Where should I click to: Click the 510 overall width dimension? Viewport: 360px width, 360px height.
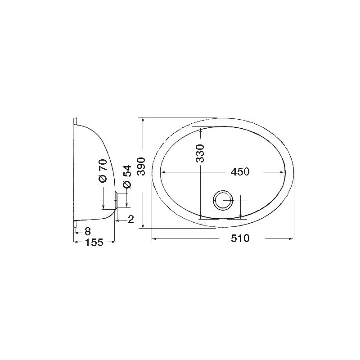[240, 239]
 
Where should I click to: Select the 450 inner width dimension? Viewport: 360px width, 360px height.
[240, 172]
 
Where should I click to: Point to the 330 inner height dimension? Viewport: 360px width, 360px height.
[200, 153]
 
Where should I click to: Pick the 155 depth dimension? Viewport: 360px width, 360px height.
[94, 243]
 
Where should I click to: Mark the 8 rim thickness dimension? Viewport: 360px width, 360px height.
[87, 232]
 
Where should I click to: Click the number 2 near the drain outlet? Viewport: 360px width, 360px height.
[130, 220]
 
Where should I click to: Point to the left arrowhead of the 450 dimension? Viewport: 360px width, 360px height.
[163, 172]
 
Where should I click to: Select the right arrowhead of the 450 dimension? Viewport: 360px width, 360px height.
[284, 172]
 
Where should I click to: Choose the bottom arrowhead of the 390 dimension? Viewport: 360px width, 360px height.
[143, 226]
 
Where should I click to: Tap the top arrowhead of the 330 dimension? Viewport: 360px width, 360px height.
[200, 129]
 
